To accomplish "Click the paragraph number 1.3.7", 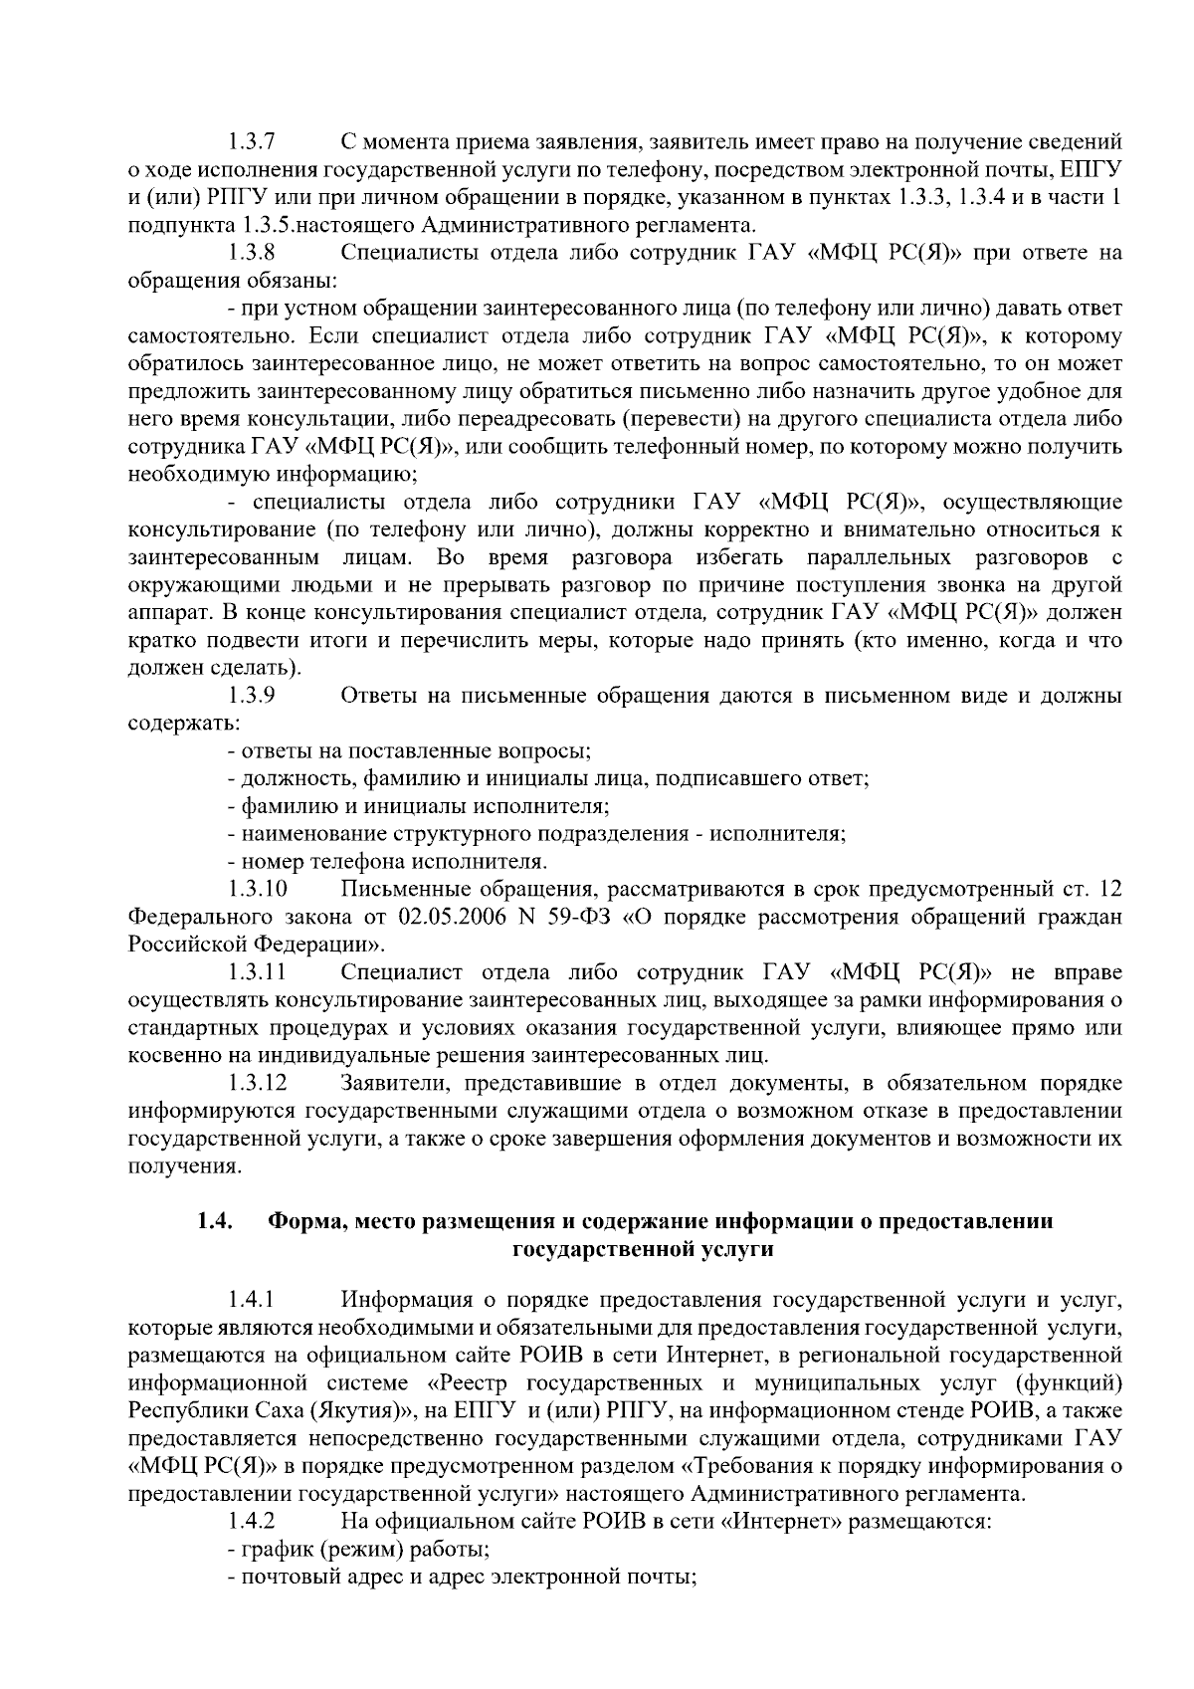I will pyautogui.click(x=251, y=141).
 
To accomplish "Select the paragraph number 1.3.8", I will pyautogui.click(x=251, y=253).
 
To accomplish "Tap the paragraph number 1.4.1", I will pyautogui.click(x=251, y=1300).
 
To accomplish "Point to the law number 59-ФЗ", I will pyautogui.click(x=577, y=916).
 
